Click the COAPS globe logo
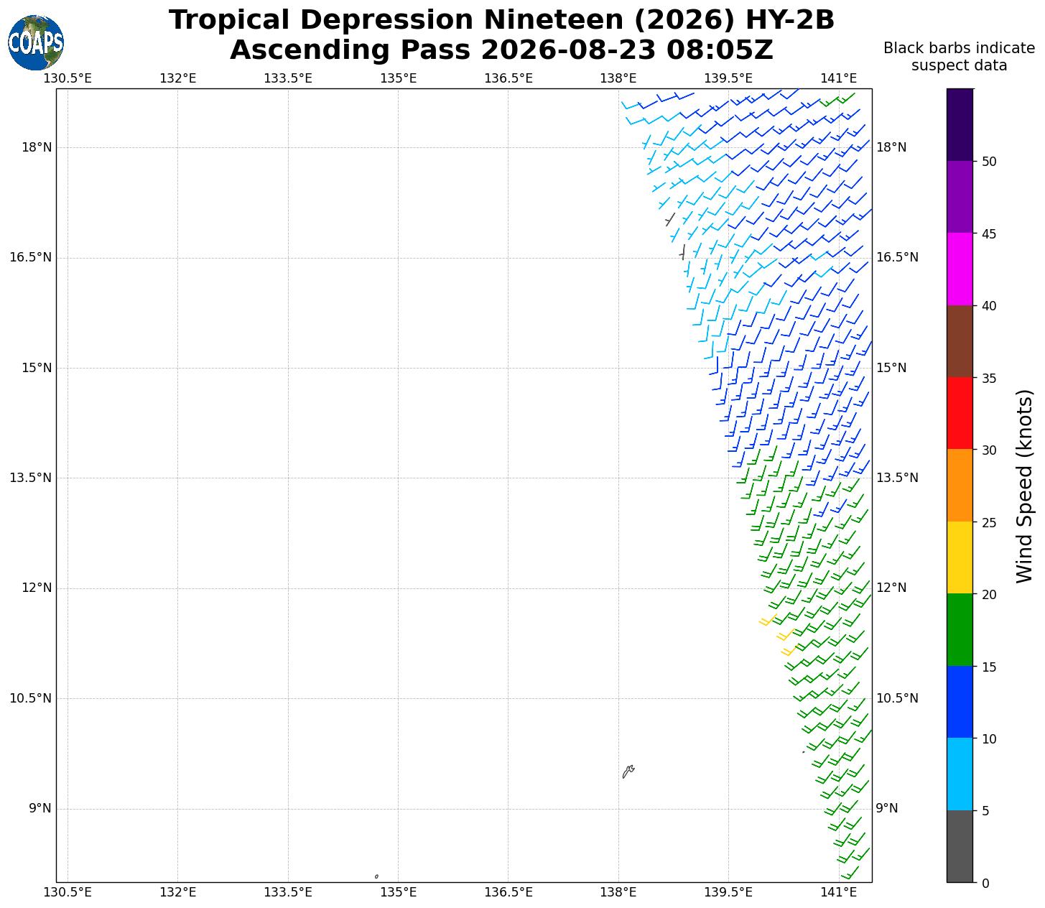point(36,42)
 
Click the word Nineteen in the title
point(553,20)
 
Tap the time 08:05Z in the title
point(720,50)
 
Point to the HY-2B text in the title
point(789,20)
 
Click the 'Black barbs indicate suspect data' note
point(959,57)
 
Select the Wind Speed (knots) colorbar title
point(1024,486)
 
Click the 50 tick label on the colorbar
point(989,162)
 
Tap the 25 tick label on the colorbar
point(989,522)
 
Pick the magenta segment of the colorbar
point(960,269)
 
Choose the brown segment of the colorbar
point(960,341)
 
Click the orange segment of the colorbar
point(960,485)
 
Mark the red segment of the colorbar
point(960,413)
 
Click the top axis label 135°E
point(398,78)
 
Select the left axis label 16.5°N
point(31,257)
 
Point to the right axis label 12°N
point(891,588)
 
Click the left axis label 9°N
point(40,808)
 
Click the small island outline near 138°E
point(628,771)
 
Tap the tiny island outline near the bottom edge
point(376,876)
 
